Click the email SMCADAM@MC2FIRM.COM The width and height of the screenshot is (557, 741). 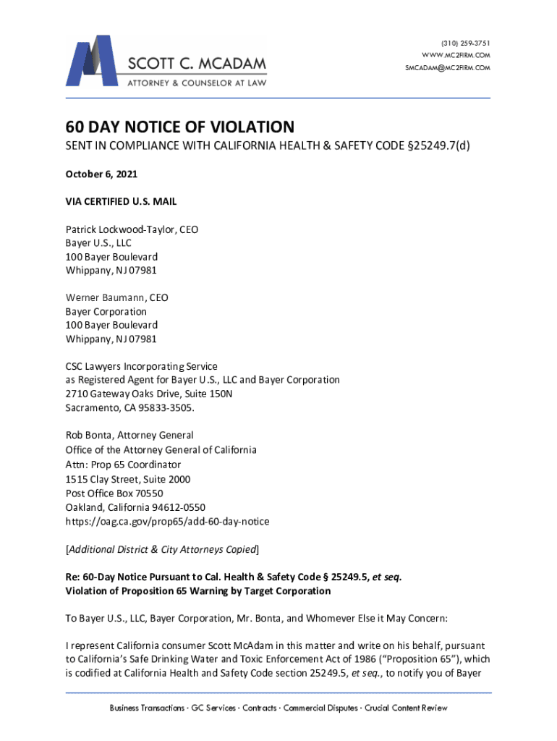pos(448,68)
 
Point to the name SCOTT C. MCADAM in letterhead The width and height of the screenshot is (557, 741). pos(196,64)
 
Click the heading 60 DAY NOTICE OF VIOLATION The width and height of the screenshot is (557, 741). pos(180,127)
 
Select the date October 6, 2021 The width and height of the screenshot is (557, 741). pos(101,175)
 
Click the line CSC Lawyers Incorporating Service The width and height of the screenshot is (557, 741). pos(142,366)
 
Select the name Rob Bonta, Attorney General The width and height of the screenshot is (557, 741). pos(129,436)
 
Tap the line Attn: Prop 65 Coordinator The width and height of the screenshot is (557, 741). pos(123,465)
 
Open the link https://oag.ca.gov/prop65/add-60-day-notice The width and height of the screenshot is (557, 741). pos(167,521)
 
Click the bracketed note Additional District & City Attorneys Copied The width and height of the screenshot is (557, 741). pos(162,549)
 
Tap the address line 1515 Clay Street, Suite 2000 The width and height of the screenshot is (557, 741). pos(128,479)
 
